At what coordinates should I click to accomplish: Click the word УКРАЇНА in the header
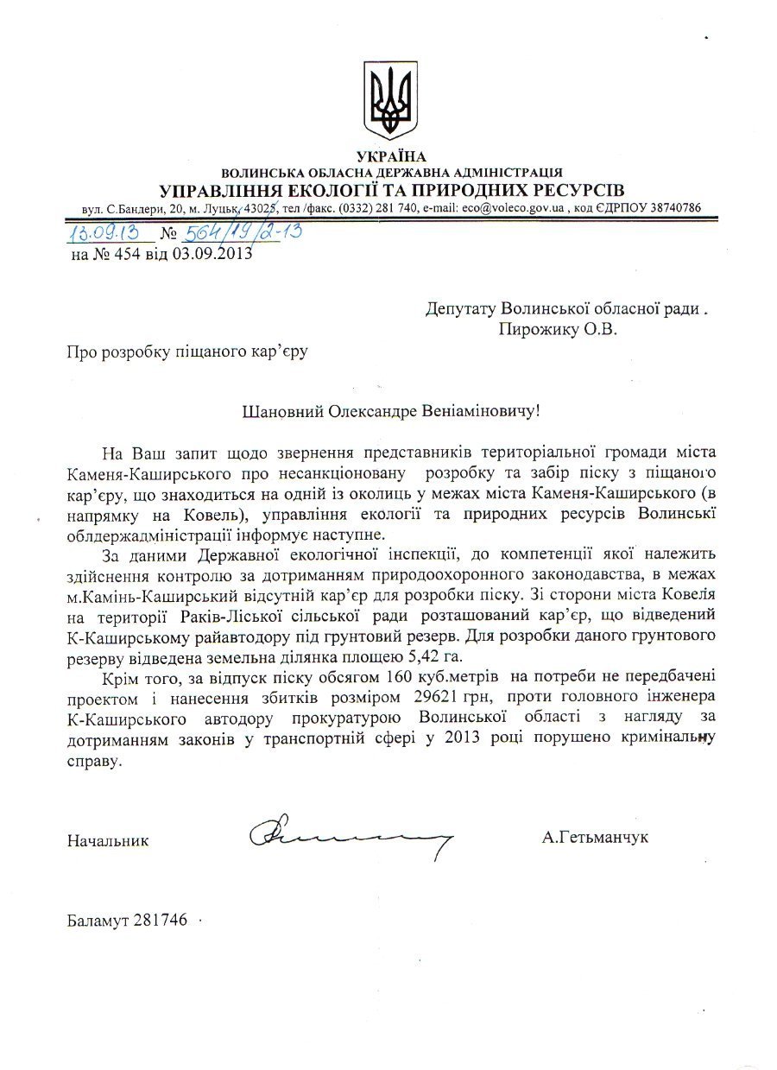coord(391,156)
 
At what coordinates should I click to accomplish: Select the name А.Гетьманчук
coord(596,837)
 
